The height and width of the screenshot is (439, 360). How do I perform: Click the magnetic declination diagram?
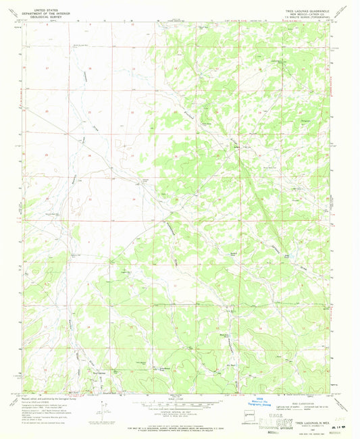coord(101,408)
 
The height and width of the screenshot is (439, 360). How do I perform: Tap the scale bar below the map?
coord(180,407)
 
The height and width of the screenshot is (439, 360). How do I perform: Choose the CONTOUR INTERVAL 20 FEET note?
coord(180,413)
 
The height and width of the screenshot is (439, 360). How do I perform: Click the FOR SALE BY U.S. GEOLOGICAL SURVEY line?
coord(180,425)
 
